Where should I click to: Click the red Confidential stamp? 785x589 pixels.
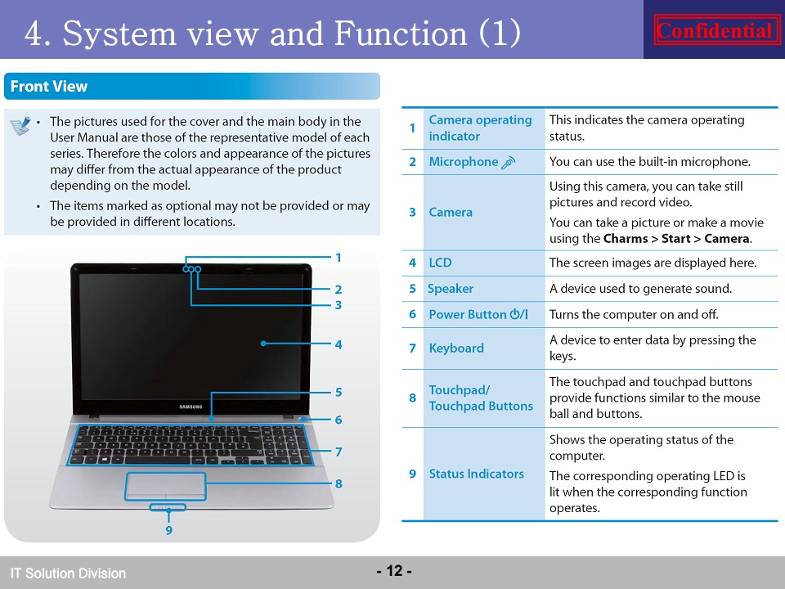pos(716,29)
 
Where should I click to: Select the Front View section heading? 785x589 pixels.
pos(49,86)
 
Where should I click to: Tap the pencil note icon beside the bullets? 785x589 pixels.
pos(20,126)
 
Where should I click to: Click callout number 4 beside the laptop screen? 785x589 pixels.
pos(339,344)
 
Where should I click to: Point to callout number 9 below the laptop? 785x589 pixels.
pos(168,530)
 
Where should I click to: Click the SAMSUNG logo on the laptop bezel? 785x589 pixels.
pos(191,407)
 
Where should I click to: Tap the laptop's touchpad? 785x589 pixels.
pos(166,486)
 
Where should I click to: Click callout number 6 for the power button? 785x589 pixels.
pos(339,420)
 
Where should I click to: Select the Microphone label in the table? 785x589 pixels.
pos(464,162)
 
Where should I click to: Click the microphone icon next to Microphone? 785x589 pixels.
pos(508,162)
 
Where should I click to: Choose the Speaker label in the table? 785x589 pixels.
pos(450,289)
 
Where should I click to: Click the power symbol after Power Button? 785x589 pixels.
pos(518,314)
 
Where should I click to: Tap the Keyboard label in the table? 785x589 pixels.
pos(456,348)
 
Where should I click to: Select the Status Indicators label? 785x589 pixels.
pos(476,474)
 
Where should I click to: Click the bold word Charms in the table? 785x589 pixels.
pos(626,238)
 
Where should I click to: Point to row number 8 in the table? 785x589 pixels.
pos(412,398)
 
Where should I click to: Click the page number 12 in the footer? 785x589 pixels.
pos(394,570)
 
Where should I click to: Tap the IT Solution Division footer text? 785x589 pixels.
pos(68,573)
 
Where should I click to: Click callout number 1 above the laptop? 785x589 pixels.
pos(339,258)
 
